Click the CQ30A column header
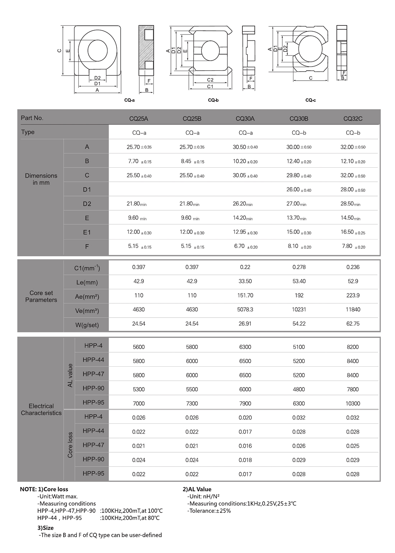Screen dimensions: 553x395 pyautogui.click(x=245, y=119)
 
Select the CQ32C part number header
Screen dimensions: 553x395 pyautogui.click(x=353, y=119)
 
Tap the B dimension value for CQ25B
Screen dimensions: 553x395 pyautogui.click(x=192, y=162)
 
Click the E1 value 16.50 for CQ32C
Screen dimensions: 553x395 pyautogui.click(x=353, y=232)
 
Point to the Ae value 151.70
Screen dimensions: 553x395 pyautogui.click(x=245, y=295)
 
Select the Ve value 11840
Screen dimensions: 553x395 pyautogui.click(x=353, y=309)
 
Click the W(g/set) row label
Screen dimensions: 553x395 pyautogui.click(x=87, y=325)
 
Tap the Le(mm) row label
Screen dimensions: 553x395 pyautogui.click(x=87, y=282)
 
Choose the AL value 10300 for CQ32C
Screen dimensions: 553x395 pyautogui.click(x=353, y=404)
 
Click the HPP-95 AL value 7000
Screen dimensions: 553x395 pyautogui.click(x=139, y=404)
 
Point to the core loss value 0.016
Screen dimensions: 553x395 pyautogui.click(x=245, y=446)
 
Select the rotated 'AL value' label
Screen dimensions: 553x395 pyautogui.click(x=70, y=375)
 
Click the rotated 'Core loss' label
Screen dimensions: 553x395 pyautogui.click(x=70, y=445)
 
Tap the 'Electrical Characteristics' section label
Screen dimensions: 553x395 pyautogui.click(x=41, y=409)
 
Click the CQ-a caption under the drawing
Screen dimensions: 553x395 pyautogui.click(x=129, y=100)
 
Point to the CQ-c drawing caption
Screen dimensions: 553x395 pyautogui.click(x=310, y=100)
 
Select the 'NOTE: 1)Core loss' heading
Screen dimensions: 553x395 pyautogui.click(x=44, y=489)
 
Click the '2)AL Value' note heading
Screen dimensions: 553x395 pyautogui.click(x=197, y=489)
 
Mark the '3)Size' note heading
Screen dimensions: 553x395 pyautogui.click(x=45, y=528)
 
